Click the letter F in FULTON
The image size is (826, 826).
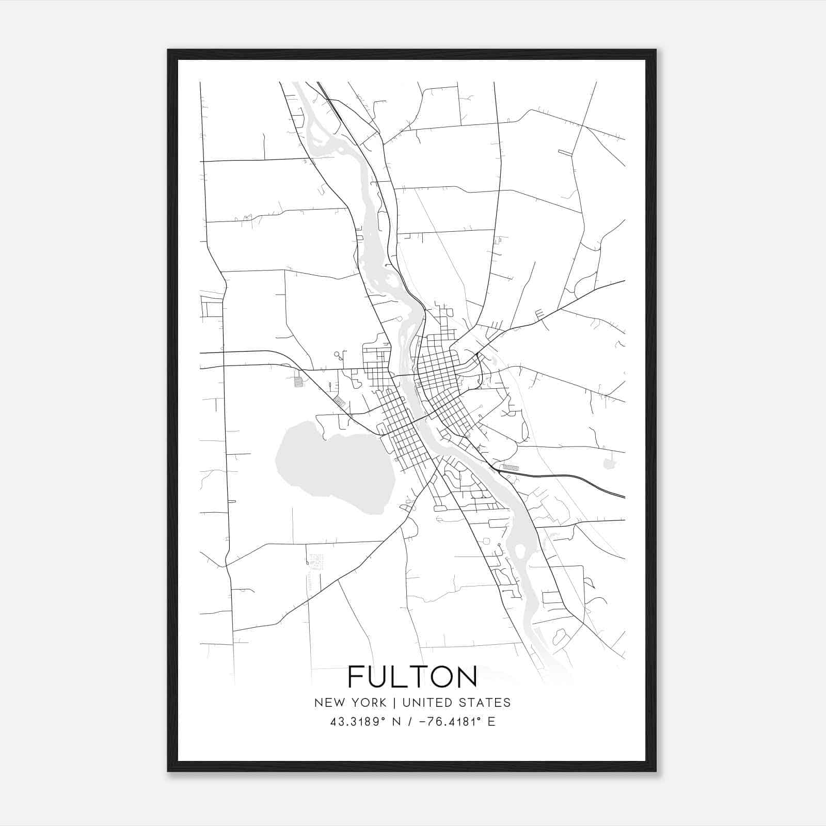click(357, 676)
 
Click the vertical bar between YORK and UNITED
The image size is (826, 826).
click(394, 703)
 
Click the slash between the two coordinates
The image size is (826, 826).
click(410, 722)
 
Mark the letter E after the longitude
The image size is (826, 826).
click(491, 722)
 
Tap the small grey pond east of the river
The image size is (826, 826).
click(610, 464)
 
